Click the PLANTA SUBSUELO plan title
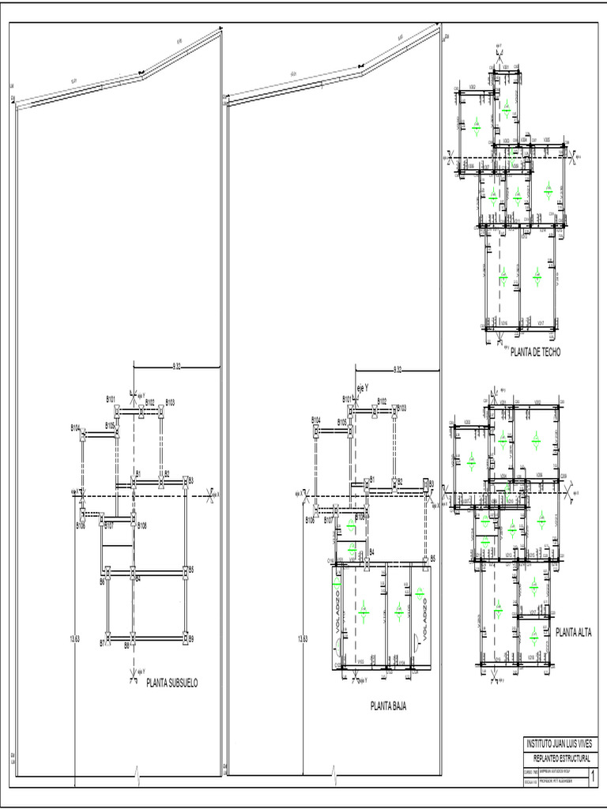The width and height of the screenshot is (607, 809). [x=172, y=682]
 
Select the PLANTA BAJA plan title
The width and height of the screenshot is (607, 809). [x=388, y=706]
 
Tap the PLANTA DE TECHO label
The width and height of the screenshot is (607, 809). [x=536, y=352]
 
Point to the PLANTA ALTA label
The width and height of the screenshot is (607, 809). [x=574, y=632]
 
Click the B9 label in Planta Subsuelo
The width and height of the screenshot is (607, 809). [x=192, y=638]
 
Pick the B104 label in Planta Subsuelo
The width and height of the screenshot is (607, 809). [x=75, y=428]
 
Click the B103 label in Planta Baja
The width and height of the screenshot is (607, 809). [x=402, y=408]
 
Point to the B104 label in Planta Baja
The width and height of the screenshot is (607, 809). [x=315, y=420]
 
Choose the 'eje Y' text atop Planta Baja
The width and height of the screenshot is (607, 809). [x=364, y=388]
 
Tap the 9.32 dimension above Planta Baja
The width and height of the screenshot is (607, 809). [x=397, y=368]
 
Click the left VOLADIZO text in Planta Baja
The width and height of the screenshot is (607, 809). [x=337, y=608]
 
